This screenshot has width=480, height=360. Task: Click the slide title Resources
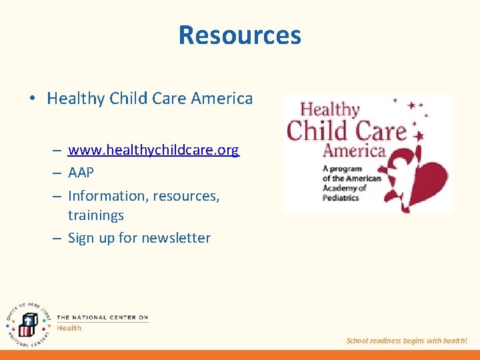[x=240, y=35]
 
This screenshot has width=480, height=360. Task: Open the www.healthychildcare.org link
[x=153, y=150]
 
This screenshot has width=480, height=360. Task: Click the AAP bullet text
[x=81, y=173]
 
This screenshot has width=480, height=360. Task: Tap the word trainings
[x=96, y=215]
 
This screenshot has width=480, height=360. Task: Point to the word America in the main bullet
[x=222, y=99]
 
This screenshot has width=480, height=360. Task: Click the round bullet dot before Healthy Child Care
[x=31, y=99]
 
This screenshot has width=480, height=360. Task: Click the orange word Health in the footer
[x=69, y=327]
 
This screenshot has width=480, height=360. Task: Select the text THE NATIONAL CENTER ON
[x=102, y=317]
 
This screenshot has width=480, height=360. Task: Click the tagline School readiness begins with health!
[x=407, y=341]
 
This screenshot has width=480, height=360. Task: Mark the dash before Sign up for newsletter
[x=58, y=238]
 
